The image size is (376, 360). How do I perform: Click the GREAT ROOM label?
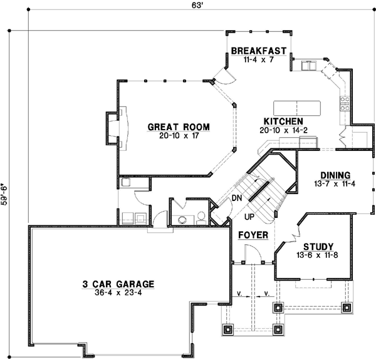pos(178,127)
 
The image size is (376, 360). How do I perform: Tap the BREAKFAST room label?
pos(259,51)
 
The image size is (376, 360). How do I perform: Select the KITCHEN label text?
pos(283,121)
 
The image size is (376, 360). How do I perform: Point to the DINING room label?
pos(335,175)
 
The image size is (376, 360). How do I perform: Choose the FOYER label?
pos(253,235)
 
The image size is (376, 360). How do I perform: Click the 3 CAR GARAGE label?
pos(117,283)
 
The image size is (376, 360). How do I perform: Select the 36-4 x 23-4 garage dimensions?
pos(117,292)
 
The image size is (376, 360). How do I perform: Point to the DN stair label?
pos(236,198)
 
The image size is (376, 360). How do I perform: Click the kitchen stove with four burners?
pos(344,102)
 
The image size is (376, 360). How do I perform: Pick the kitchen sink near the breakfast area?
pos(308,65)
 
